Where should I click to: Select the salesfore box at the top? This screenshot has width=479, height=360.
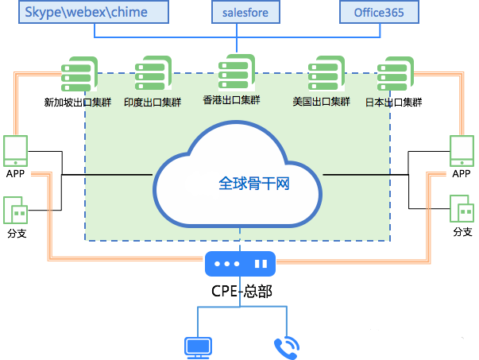point(241,12)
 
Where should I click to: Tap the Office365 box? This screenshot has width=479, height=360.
point(379,12)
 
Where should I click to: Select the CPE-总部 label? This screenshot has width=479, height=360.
point(241,291)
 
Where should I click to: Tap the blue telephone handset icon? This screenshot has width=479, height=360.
point(284,346)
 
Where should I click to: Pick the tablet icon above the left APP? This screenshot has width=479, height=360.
point(16,150)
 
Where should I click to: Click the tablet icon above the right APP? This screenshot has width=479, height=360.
point(462,150)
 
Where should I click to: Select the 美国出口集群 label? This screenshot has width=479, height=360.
point(321,103)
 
